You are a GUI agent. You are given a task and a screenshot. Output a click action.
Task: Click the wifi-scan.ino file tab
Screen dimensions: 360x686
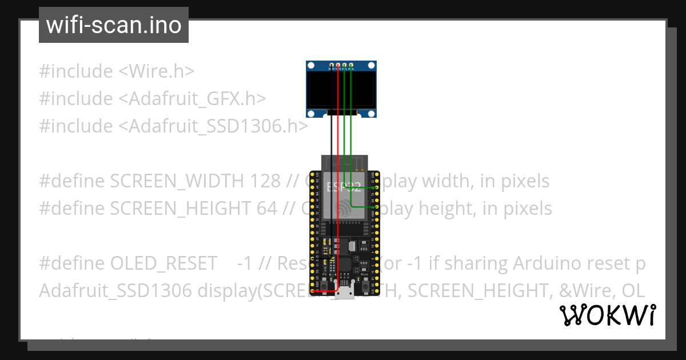114,25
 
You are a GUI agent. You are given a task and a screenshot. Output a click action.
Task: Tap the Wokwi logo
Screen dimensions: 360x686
607,315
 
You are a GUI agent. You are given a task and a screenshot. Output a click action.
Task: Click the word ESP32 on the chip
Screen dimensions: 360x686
344,187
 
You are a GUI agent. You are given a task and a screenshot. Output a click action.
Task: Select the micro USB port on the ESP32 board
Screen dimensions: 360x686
345,293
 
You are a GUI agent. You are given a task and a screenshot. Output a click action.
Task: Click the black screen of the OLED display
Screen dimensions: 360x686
341,90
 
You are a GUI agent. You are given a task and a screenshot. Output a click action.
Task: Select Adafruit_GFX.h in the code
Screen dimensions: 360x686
192,99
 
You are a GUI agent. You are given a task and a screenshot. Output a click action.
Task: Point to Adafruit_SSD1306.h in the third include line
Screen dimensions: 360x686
213,126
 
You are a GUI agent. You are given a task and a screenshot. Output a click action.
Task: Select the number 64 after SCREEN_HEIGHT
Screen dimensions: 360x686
266,209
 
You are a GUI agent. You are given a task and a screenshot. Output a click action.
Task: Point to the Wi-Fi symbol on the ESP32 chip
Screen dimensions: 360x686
344,208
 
